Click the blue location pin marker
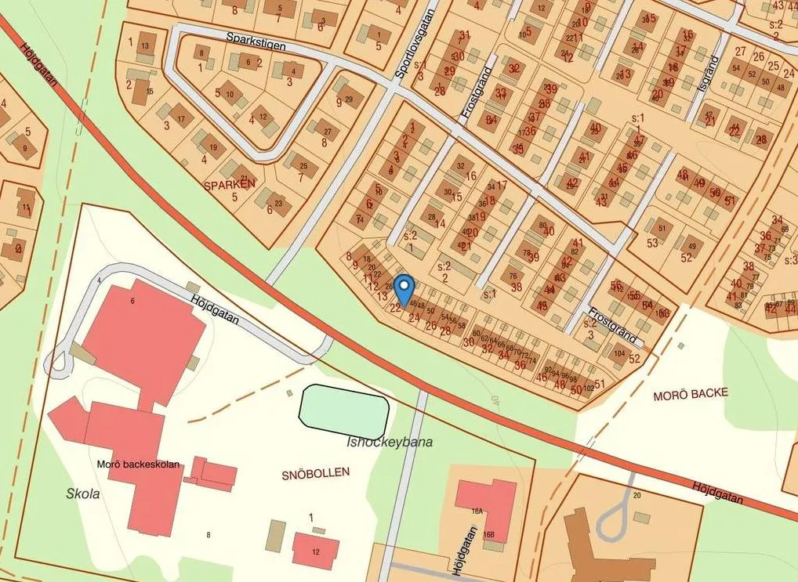(404, 290)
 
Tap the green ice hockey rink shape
(344, 410)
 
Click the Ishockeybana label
(390, 442)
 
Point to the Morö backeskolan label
(140, 465)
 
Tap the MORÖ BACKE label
(690, 392)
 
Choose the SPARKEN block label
(229, 185)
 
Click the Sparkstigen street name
(256, 42)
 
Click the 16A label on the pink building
(477, 510)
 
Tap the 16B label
(488, 534)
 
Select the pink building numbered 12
(316, 548)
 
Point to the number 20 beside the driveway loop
(637, 496)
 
